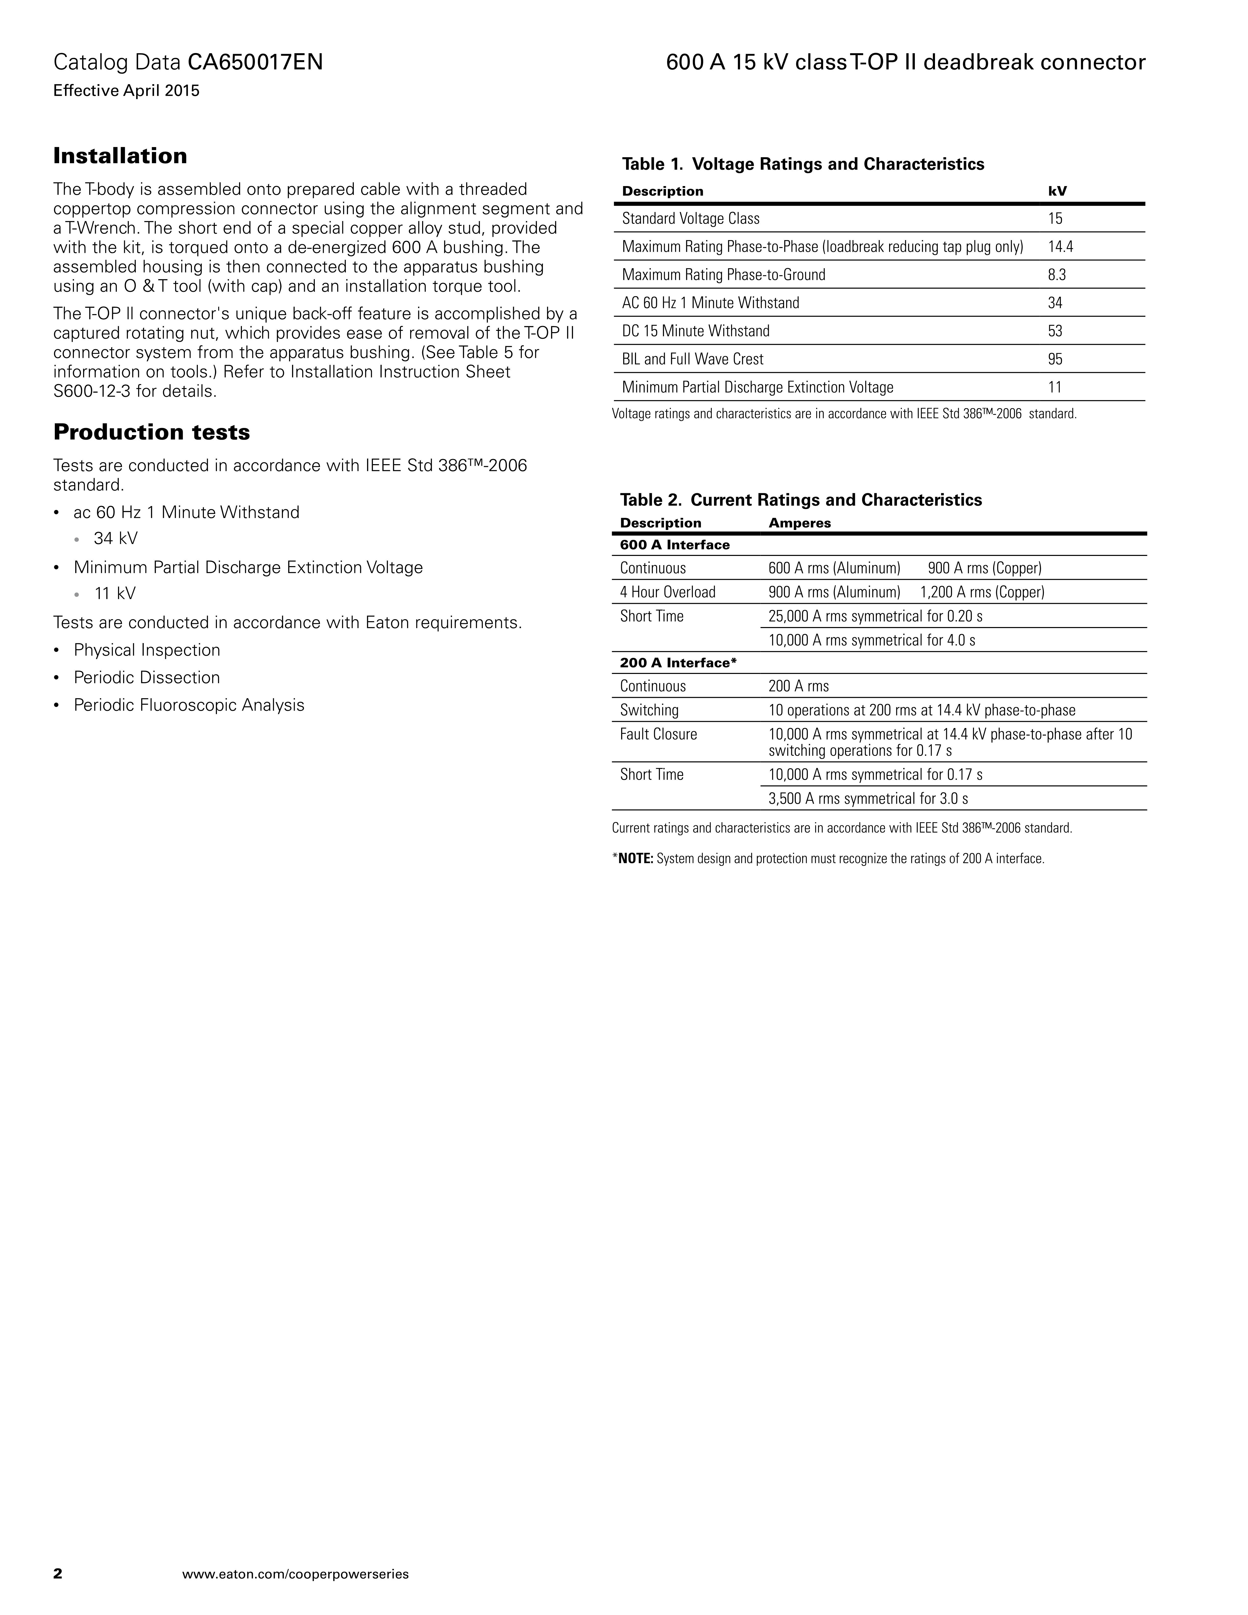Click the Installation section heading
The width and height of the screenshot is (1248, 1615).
120,156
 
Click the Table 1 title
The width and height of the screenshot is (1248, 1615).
803,164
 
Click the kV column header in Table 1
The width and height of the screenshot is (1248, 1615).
1057,191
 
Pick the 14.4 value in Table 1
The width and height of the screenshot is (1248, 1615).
1060,247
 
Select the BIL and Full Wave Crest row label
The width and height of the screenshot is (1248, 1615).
693,359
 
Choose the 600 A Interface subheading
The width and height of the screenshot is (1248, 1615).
674,545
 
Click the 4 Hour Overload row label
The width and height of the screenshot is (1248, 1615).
668,592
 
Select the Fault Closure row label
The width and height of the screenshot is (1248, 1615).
658,734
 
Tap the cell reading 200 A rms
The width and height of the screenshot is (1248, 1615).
799,686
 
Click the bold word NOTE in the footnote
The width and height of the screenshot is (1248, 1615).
636,859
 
